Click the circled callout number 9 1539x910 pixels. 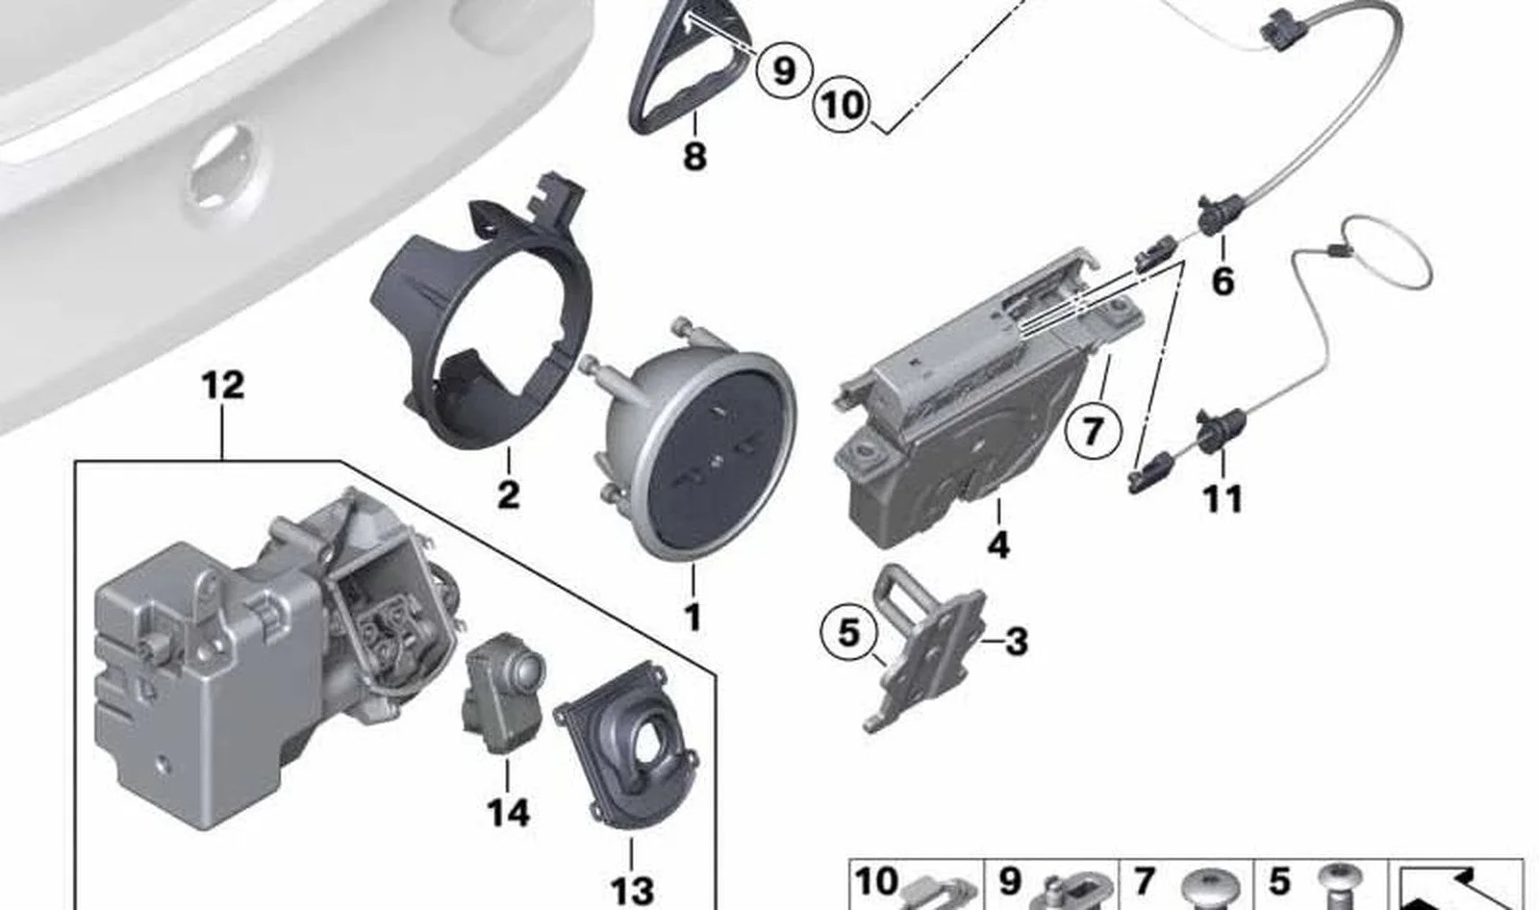click(x=785, y=70)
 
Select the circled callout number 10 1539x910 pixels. click(x=841, y=105)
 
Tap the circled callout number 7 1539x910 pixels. click(x=1093, y=431)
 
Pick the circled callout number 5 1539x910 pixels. click(x=849, y=632)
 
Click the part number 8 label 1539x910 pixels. click(x=694, y=155)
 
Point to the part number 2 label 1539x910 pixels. click(x=509, y=494)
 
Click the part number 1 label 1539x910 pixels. click(x=694, y=617)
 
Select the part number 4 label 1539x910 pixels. click(x=999, y=544)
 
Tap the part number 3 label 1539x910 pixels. click(x=1016, y=642)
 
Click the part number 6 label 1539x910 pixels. click(x=1223, y=282)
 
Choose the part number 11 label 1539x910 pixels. click(x=1223, y=499)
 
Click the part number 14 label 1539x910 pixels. click(x=509, y=813)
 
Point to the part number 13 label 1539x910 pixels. click(x=632, y=892)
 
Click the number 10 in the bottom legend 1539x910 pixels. click(x=876, y=882)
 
